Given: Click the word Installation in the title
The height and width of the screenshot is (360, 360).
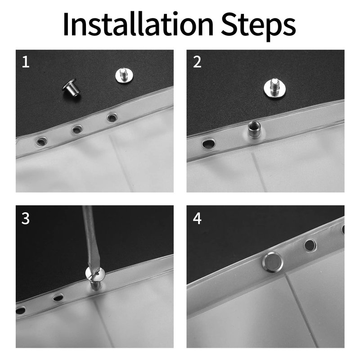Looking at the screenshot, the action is click(138, 24).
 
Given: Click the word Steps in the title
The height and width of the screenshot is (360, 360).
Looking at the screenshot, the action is click(258, 27).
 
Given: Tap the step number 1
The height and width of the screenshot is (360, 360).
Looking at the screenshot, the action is click(26, 62).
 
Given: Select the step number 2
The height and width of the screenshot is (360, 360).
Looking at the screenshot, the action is click(197, 62).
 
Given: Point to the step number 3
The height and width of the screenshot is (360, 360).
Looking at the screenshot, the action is click(26, 218).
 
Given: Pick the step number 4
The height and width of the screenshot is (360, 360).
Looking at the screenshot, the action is click(197, 218).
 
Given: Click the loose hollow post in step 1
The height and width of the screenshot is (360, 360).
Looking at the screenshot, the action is click(72, 87).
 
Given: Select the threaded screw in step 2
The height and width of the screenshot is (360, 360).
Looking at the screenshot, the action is click(275, 88).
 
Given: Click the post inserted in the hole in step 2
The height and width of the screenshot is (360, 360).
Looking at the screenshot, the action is click(254, 130).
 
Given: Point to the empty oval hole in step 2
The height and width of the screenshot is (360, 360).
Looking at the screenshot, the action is click(209, 144).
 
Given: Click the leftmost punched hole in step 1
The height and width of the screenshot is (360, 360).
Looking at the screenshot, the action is click(41, 141).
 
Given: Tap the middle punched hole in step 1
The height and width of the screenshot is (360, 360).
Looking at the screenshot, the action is click(77, 129).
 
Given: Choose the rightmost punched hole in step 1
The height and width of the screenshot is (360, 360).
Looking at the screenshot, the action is click(112, 117).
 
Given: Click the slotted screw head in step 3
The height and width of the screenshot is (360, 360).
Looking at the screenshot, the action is click(95, 273).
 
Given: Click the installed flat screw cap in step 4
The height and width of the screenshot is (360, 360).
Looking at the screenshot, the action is click(273, 262).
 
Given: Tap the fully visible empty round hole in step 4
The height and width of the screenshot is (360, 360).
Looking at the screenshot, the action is click(310, 245).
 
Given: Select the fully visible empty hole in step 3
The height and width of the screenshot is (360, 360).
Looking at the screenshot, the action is click(58, 298).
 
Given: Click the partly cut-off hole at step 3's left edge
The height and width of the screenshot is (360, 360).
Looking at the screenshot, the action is click(20, 310).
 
